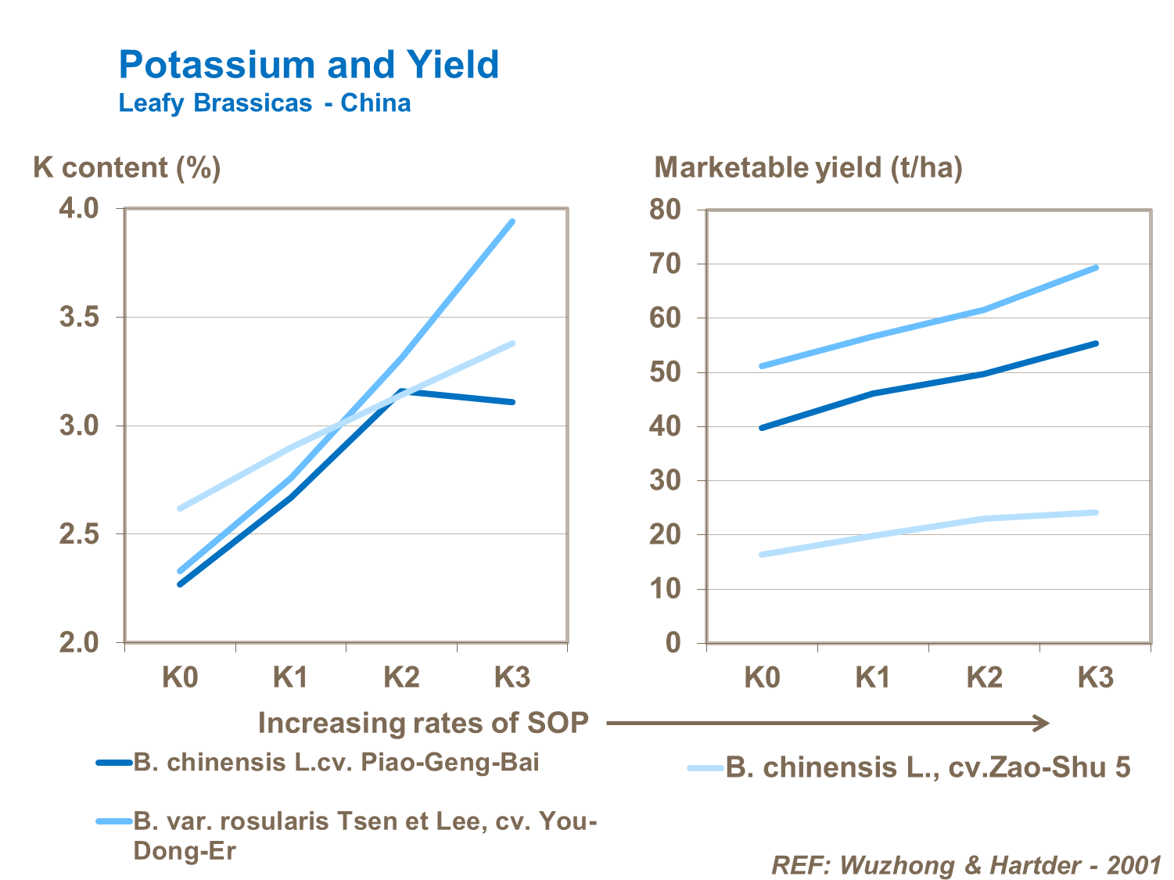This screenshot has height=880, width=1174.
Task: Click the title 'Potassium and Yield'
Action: click(308, 65)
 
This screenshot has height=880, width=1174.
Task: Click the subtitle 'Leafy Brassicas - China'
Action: click(264, 103)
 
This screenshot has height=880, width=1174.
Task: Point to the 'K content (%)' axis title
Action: click(127, 167)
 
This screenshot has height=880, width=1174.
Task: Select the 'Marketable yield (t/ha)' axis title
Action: click(808, 167)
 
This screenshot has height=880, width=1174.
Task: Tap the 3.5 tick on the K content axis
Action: click(79, 318)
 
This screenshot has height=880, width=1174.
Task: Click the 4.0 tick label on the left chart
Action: click(79, 209)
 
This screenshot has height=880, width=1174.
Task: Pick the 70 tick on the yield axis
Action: click(665, 264)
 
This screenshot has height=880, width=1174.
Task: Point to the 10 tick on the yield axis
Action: click(665, 589)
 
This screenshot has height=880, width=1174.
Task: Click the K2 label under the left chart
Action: click(401, 677)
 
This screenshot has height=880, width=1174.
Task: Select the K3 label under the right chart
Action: click(1095, 677)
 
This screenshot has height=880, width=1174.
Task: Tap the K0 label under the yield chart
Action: click(762, 677)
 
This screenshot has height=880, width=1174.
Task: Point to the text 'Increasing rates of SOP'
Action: click(423, 723)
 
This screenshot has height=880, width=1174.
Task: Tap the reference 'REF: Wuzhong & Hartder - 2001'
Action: click(966, 865)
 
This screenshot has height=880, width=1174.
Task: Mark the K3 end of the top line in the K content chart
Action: click(513, 221)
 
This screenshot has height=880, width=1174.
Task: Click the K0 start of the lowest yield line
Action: click(761, 555)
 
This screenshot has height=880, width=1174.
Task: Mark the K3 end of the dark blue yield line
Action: click(1097, 343)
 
